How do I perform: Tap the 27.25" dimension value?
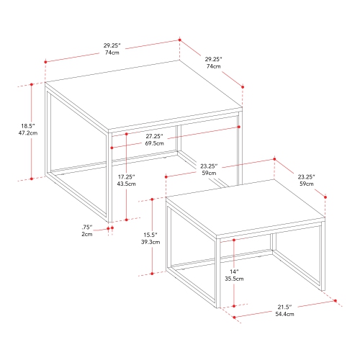(x=153, y=135)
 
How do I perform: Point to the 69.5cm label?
(x=153, y=144)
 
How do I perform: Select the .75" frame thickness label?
(x=86, y=227)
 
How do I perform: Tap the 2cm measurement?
(x=86, y=235)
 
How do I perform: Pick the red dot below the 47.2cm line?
(x=32, y=178)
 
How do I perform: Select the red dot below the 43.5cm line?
(x=127, y=220)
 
